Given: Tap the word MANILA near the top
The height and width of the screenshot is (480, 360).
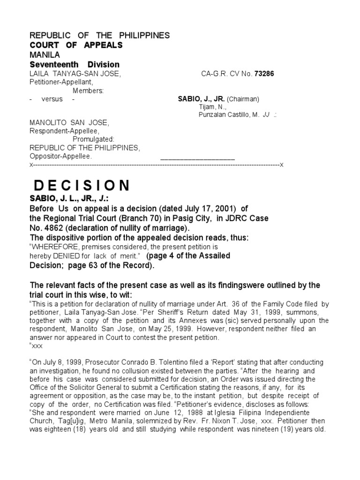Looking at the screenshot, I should point(45,55).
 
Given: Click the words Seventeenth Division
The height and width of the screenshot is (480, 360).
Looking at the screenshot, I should point(75,64).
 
